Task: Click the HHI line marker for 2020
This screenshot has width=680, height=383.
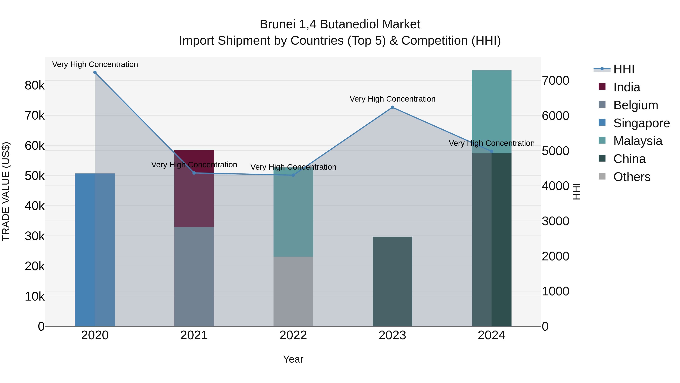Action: coord(95,72)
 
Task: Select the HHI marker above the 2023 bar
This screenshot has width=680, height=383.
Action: coord(392,107)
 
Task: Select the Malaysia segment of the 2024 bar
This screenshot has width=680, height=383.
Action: coord(491,112)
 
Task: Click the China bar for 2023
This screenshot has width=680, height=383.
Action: coord(392,281)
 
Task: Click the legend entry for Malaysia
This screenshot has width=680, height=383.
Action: coord(637,141)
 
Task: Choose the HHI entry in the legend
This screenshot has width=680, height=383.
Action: coord(624,69)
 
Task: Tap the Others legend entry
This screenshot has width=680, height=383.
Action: coord(632,177)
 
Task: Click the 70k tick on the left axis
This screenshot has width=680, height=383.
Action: coord(35,116)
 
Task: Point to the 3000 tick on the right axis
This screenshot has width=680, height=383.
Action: coord(555,221)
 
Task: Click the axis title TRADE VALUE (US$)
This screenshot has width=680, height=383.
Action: coord(6,191)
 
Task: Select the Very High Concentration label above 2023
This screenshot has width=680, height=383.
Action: coord(392,99)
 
